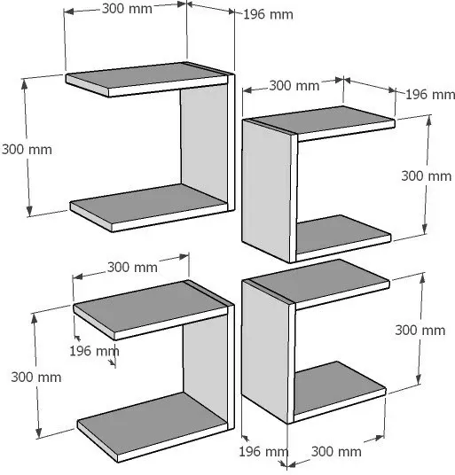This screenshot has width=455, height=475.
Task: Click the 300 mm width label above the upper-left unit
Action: point(127,9)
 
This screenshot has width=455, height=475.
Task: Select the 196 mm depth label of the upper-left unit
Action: point(268,14)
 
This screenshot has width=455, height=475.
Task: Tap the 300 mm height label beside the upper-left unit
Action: point(27,150)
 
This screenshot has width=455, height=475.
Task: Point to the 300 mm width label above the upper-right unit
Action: point(294,86)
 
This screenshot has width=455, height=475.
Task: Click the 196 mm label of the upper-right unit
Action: point(430,95)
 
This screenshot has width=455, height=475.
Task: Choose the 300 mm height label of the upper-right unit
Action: point(427,176)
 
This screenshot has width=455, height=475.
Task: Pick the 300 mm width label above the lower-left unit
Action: point(132,268)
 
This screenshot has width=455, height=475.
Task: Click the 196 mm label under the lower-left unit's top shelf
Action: point(94,351)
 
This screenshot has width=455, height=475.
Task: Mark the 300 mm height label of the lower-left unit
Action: point(36,378)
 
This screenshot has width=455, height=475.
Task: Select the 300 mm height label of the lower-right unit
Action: point(420,331)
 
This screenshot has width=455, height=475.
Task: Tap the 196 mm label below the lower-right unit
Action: point(263,452)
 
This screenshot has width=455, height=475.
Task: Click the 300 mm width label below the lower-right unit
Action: point(336,452)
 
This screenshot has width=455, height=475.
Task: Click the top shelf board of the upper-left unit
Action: point(147,80)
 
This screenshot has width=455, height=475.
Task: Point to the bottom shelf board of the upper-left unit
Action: point(148,207)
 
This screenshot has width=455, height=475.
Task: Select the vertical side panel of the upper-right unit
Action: point(267,190)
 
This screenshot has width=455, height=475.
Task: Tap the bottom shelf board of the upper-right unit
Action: point(342,237)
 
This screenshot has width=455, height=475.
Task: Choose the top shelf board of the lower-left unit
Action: point(151,309)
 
